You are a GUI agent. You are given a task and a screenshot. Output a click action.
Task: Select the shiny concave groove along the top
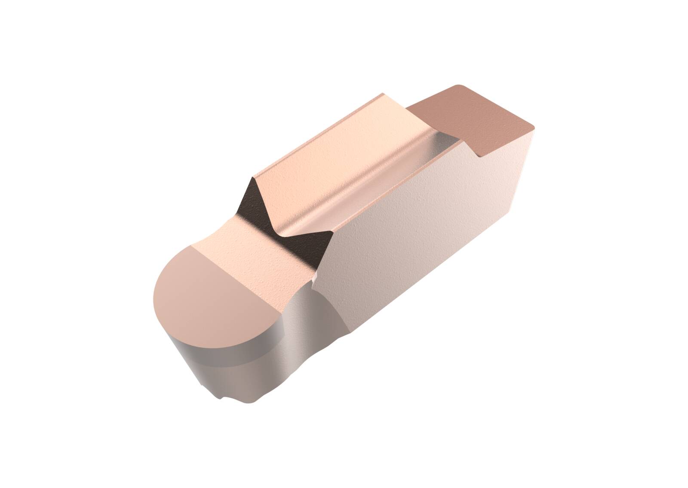378,181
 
